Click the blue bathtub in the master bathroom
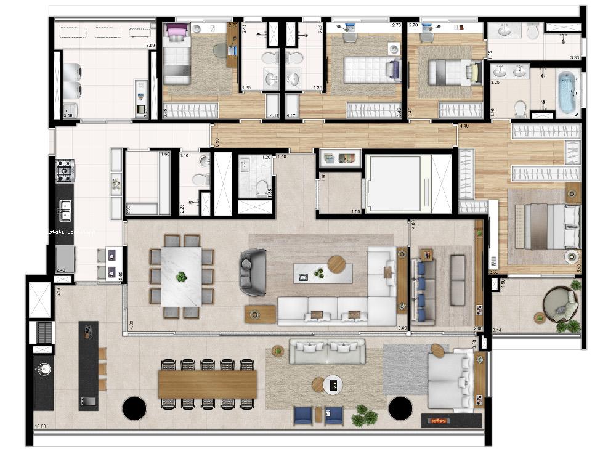click(566, 93)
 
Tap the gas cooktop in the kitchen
click(65, 170)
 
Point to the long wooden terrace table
click(208, 384)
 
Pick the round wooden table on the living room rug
click(337, 264)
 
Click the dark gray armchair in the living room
click(253, 272)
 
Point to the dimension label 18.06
click(41, 425)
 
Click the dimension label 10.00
click(402, 328)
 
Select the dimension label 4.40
click(464, 126)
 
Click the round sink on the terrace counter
click(43, 368)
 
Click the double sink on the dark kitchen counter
click(65, 210)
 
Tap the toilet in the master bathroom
click(520, 108)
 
